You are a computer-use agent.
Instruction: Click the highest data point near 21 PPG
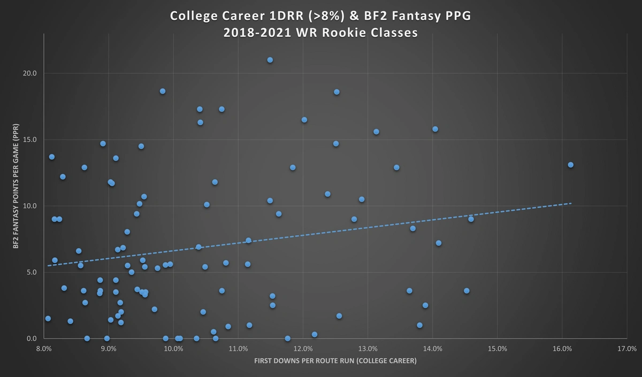(x=270, y=60)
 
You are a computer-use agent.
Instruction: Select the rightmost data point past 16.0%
(x=570, y=165)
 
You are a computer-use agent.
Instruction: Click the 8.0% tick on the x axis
(x=44, y=349)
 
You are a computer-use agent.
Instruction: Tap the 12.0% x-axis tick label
(x=303, y=349)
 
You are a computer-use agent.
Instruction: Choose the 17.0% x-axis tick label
(x=626, y=349)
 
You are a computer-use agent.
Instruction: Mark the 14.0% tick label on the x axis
(x=432, y=349)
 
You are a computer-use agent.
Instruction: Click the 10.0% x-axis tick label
(x=173, y=349)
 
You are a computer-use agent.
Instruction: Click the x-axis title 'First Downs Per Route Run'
(x=335, y=361)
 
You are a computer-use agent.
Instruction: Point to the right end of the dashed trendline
(x=571, y=203)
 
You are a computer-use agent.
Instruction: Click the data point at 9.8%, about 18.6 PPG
(x=163, y=91)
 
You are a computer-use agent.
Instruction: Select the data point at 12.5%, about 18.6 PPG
(x=337, y=92)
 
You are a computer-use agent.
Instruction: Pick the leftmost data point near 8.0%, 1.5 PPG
(x=48, y=318)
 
